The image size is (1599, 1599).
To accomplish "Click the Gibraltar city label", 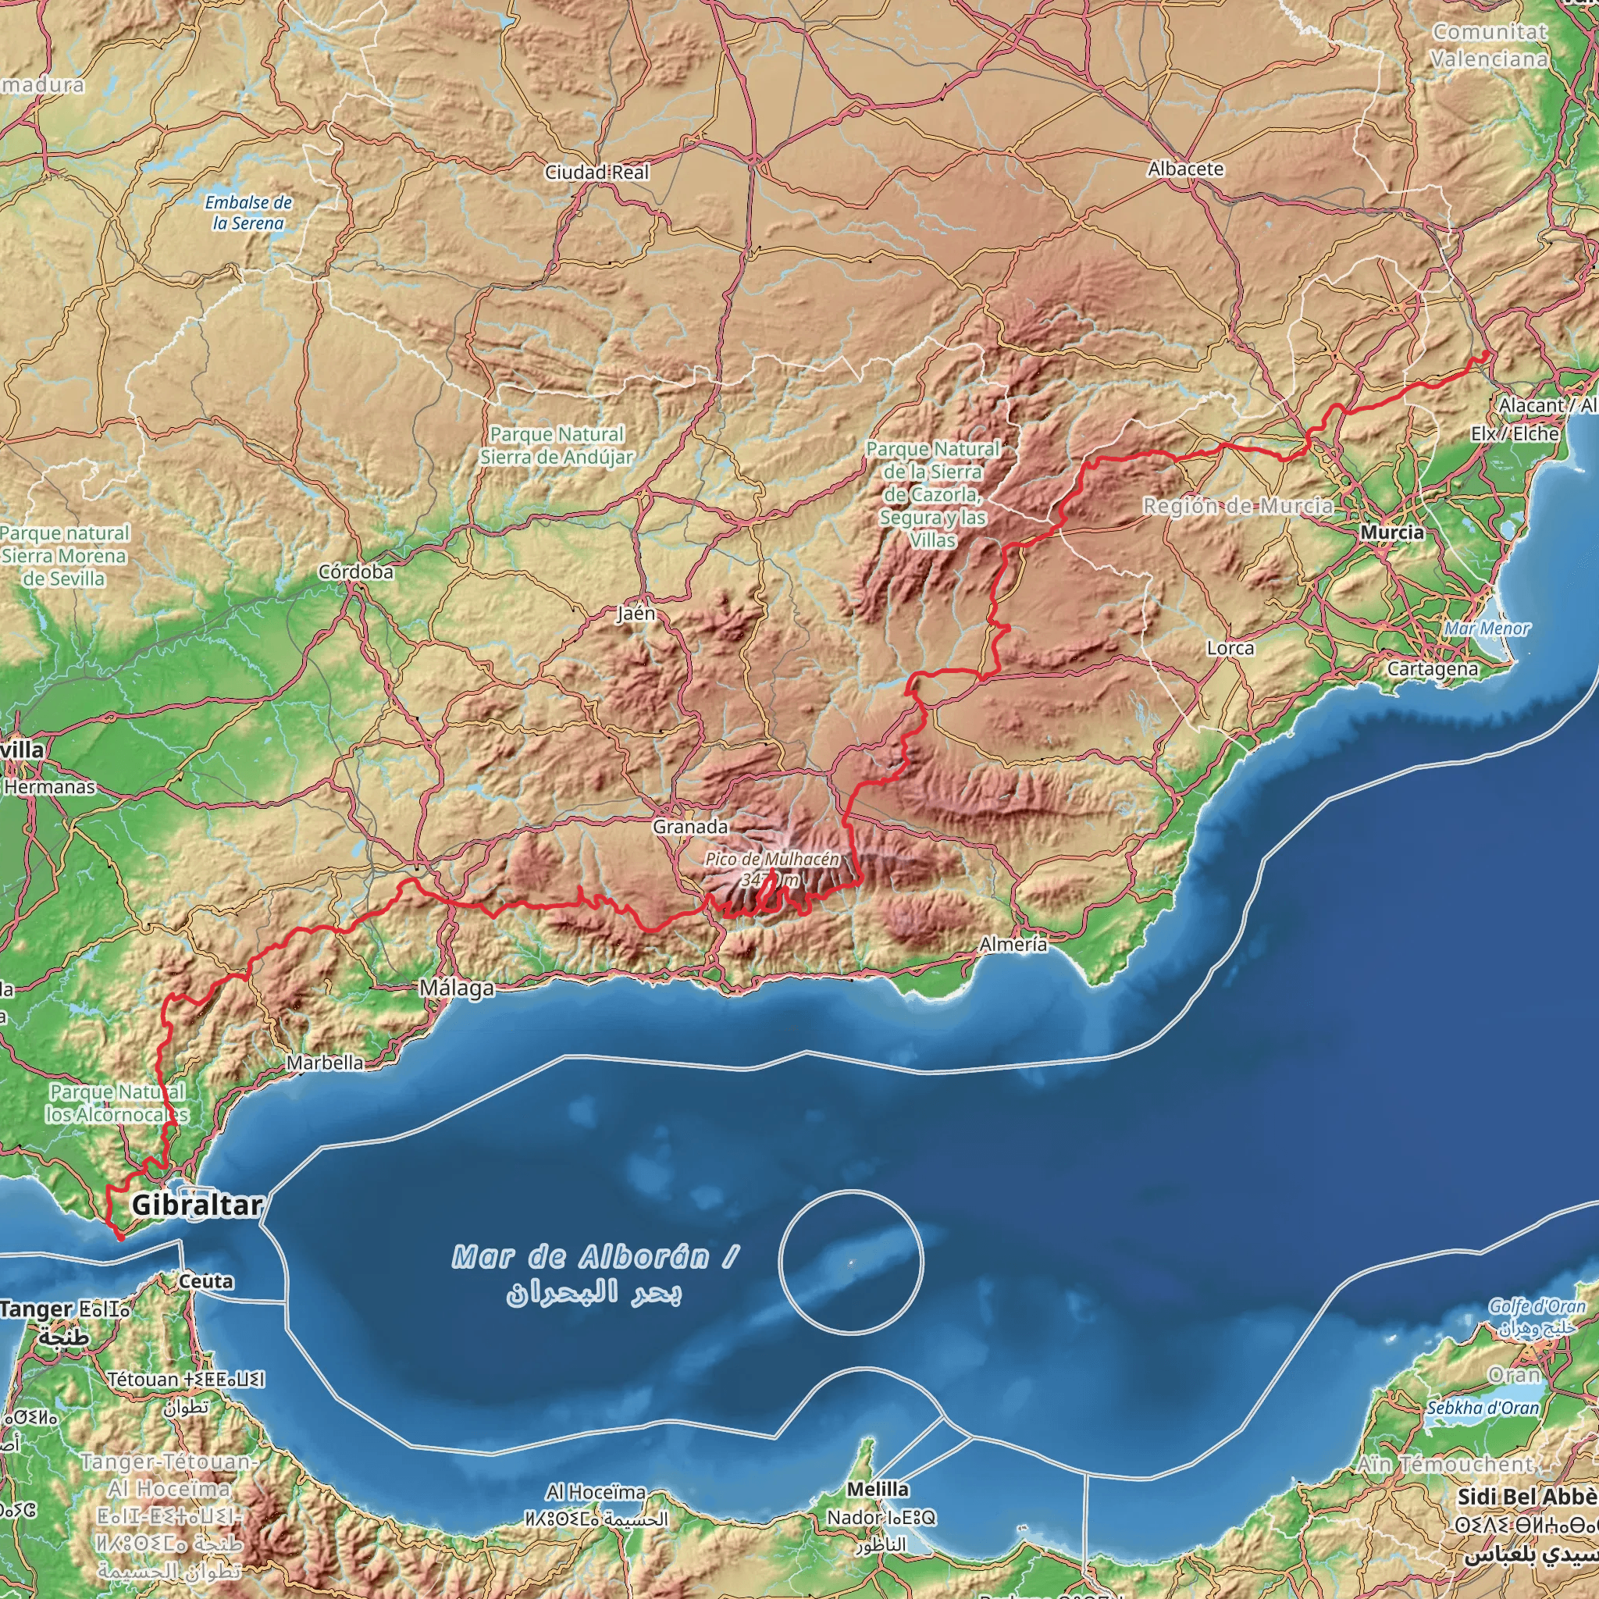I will tap(197, 1205).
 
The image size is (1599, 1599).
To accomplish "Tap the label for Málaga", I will tap(456, 988).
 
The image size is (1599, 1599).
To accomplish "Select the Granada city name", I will tap(690, 827).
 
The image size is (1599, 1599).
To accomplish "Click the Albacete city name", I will tap(1185, 169).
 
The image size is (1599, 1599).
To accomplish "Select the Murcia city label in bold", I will tap(1392, 533).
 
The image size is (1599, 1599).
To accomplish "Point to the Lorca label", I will tap(1230, 649).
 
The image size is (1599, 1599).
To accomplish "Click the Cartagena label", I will tap(1433, 669).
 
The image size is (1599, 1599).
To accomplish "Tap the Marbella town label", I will tap(326, 1063).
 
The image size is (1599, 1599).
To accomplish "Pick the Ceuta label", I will tap(206, 1282).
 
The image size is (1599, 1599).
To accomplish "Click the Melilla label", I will tap(878, 1490).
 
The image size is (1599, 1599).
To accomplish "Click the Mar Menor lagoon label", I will tap(1487, 629).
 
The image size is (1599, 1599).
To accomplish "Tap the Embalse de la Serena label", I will tap(248, 212).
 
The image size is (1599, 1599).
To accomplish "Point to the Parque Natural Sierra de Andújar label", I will tap(556, 445).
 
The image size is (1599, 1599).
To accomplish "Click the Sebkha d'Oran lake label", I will tap(1483, 1408).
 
